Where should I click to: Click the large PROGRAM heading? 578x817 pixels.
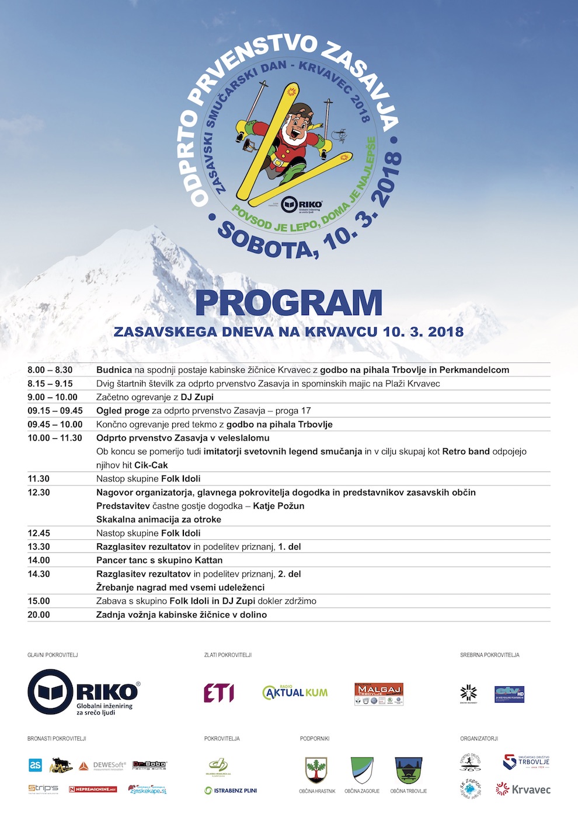coord(288,303)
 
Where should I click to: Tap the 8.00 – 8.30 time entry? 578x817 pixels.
coord(50,370)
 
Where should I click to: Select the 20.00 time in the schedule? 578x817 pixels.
coord(39,615)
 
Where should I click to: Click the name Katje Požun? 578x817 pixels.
coord(278,506)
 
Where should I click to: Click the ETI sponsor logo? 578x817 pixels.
coord(219,693)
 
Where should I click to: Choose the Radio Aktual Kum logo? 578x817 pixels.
coord(295,693)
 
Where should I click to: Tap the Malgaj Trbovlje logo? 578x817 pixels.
coord(379,693)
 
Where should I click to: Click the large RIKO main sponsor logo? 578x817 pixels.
coord(84,692)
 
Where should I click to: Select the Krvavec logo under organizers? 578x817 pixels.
coord(523,790)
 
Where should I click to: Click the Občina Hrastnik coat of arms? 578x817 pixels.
coord(316,770)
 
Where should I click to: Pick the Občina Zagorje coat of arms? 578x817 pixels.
coord(362,770)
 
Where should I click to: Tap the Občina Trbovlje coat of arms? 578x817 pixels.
coord(408,770)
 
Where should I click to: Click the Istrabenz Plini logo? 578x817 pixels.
coord(231,791)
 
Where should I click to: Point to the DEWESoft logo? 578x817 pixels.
coord(102,766)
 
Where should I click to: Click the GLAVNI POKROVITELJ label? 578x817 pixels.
coord(53,655)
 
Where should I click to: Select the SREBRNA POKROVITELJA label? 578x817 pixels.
coord(489,655)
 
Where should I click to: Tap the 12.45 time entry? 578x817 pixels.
coord(39,533)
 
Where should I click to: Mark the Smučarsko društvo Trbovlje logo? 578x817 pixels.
coord(526,762)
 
